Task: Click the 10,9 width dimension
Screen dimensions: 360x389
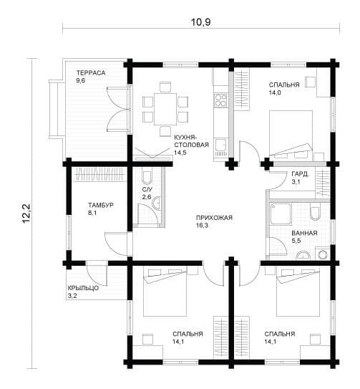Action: coord(200,22)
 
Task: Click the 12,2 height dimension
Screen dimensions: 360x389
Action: coord(26,213)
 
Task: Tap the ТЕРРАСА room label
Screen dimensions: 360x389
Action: coord(91,72)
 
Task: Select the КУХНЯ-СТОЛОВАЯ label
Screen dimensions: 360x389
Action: coord(191,141)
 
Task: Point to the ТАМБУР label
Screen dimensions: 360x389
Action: coord(101,205)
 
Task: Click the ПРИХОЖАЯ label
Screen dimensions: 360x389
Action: coord(214,218)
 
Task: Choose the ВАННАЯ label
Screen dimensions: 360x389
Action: coord(304,233)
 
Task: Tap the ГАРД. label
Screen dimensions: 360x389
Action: coord(301,174)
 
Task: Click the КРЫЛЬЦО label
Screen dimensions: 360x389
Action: coord(83,288)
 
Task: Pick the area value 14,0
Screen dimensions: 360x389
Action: coord(275,92)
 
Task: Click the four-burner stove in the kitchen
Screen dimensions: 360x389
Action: coord(220,100)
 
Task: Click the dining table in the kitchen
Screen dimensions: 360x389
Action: coord(165,109)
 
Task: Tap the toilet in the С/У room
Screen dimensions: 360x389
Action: coord(147,177)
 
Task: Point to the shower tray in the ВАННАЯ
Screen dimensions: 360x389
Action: coord(281,213)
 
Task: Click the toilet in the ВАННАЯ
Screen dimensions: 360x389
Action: coord(315,212)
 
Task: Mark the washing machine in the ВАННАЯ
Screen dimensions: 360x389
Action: coord(322,254)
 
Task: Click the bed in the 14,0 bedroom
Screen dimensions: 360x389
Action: coord(291,134)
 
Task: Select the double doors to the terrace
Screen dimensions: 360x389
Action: coord(119,109)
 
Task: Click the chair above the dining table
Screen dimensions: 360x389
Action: coord(165,87)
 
